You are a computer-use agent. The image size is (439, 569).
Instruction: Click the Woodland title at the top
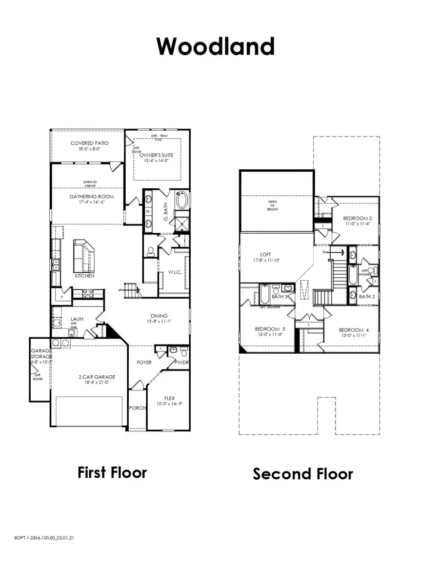point(215,46)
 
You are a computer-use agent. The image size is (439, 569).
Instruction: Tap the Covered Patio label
point(89,143)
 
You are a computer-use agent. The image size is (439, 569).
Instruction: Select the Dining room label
point(159,316)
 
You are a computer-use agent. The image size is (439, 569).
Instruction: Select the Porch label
point(138,408)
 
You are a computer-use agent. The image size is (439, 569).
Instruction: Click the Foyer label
point(144,363)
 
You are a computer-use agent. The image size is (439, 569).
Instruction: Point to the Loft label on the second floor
point(265,254)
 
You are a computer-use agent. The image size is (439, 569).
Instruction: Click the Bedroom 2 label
point(357,218)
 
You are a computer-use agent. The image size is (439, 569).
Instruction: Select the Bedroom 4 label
point(354,330)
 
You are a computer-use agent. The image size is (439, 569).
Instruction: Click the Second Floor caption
point(302,473)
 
